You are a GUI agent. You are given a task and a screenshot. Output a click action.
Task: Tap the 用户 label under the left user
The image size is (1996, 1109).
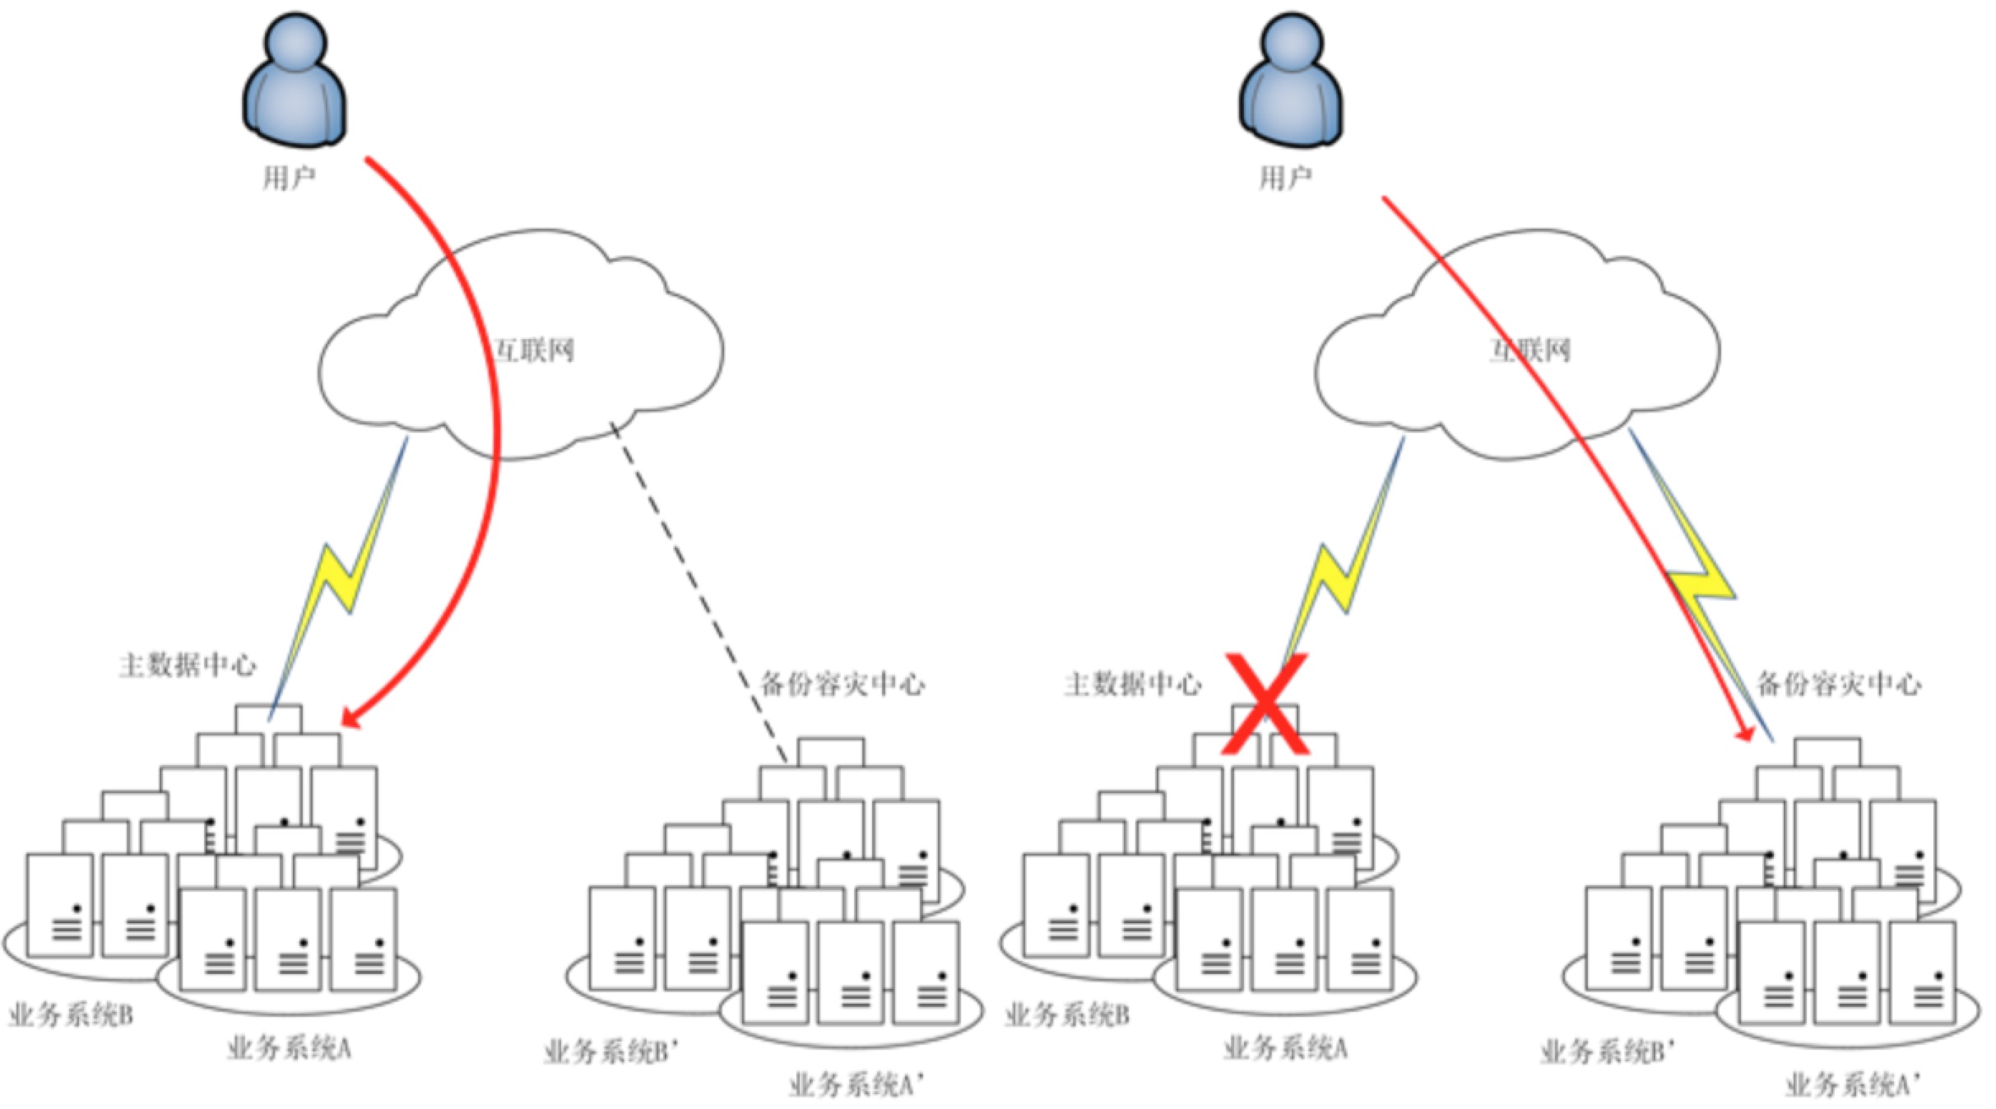click(289, 178)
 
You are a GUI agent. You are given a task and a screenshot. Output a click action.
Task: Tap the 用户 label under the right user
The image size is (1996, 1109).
click(1285, 178)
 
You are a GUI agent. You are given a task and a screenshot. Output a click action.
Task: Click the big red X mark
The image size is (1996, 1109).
click(1265, 704)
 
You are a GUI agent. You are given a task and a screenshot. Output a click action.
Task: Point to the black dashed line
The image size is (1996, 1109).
click(699, 592)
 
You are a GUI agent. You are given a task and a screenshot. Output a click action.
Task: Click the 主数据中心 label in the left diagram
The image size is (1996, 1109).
click(188, 665)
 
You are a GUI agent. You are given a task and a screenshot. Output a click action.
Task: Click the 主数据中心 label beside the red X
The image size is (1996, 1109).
click(1132, 684)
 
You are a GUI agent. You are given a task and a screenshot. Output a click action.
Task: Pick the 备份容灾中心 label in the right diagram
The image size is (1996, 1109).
click(1839, 684)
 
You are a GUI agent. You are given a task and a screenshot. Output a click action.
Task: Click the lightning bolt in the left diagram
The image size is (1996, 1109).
click(341, 576)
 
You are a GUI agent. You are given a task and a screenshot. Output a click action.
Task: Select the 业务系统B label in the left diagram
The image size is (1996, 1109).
click(71, 1015)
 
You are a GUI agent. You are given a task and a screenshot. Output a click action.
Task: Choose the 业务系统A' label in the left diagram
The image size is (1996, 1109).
click(856, 1085)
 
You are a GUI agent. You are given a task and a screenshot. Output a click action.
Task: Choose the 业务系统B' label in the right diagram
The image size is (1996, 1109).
click(1608, 1051)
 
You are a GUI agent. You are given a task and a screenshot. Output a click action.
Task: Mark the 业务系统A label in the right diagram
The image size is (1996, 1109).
click(1285, 1048)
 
